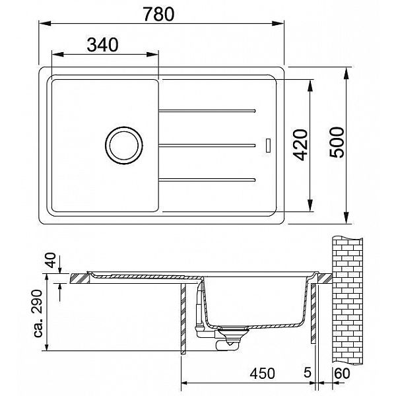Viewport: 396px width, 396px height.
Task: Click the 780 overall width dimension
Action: click(158, 14)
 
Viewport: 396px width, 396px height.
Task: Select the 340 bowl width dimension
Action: click(102, 45)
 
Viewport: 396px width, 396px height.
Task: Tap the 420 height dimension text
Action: click(302, 145)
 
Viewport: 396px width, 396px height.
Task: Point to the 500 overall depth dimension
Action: click(337, 143)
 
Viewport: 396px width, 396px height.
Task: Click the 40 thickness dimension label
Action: click(51, 260)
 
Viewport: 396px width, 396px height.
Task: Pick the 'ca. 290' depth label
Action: click(38, 313)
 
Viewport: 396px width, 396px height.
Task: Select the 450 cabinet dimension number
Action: click(262, 374)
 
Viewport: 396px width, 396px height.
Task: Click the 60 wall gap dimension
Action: click(342, 374)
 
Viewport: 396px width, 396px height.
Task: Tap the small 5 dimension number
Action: click(308, 373)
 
